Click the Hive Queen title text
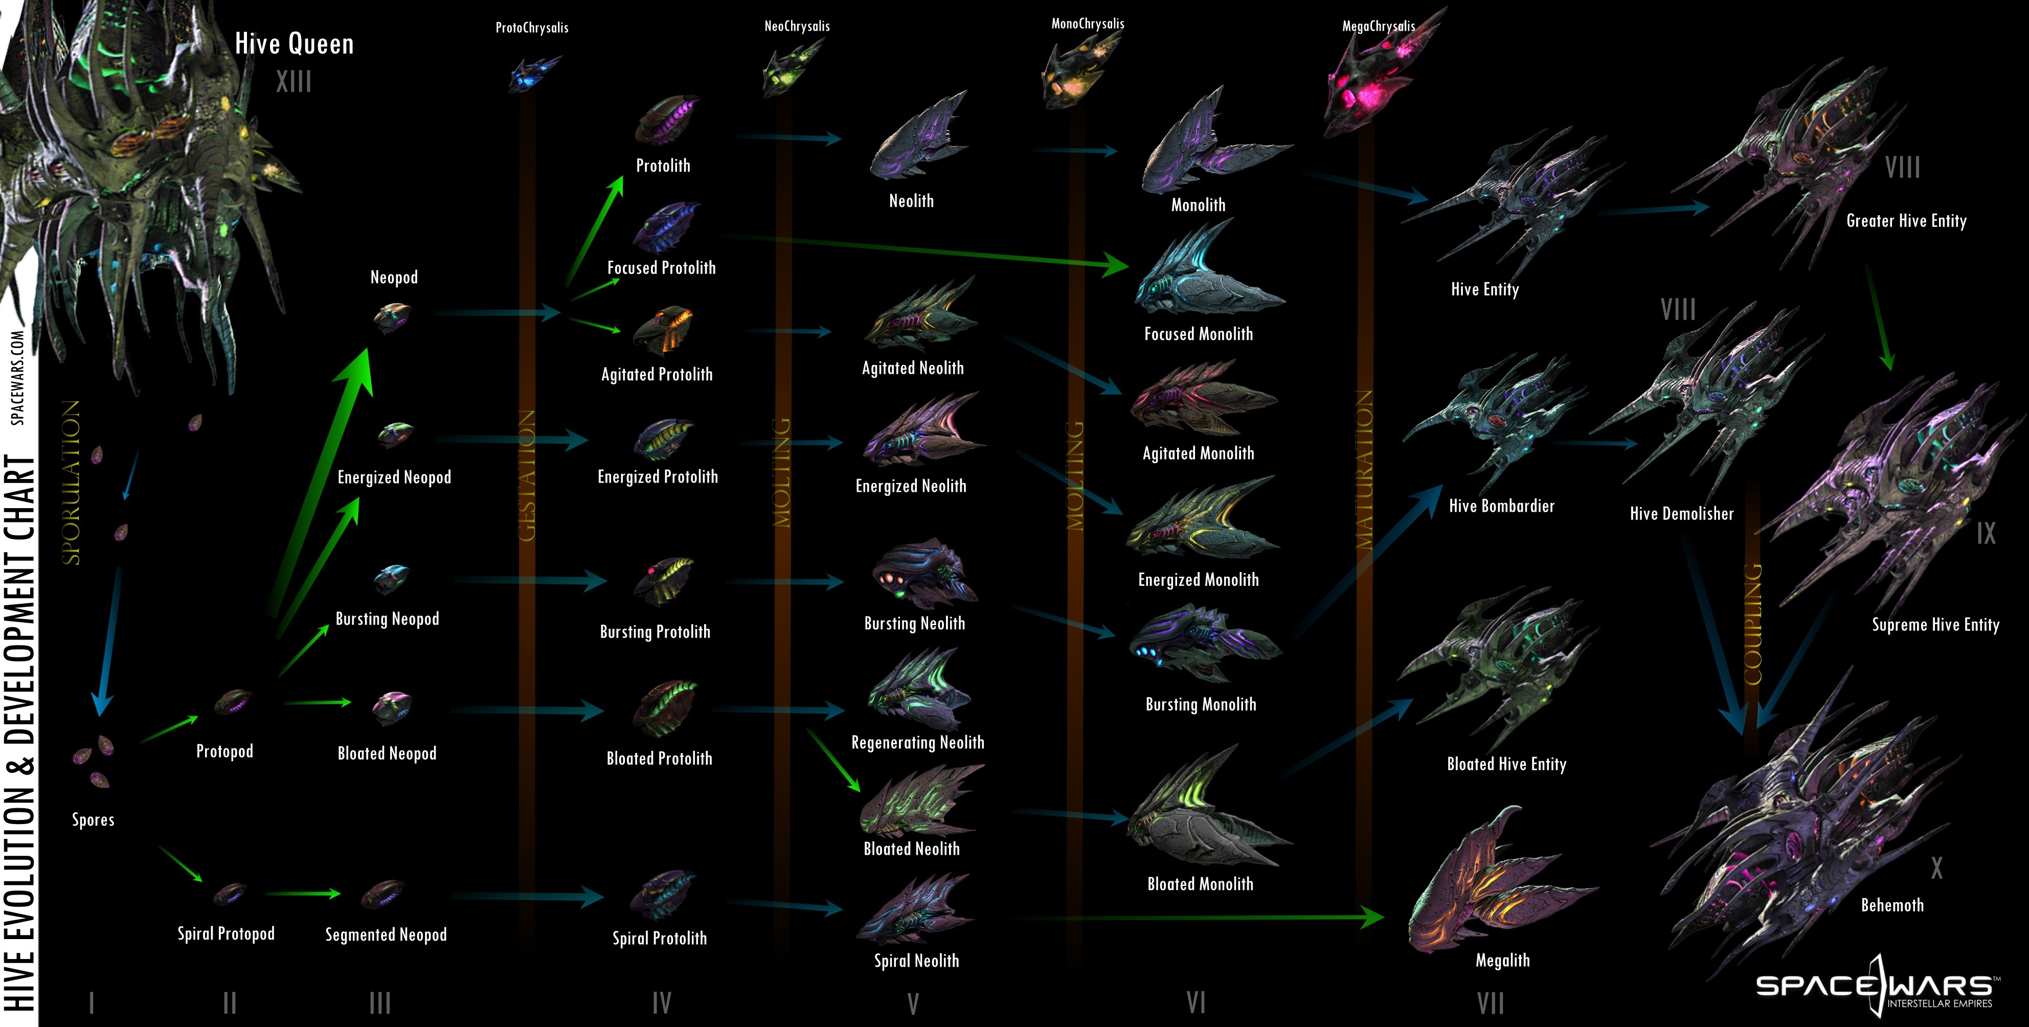294,44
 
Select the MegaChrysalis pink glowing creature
1370,83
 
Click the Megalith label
1502,960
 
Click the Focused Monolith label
1198,334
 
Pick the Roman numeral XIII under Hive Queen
294,81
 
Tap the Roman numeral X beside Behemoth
1936,869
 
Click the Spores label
93,820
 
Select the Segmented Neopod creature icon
383,895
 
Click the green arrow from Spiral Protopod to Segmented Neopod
303,894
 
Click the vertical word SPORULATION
71,482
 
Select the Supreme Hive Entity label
1935,625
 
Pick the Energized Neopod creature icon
395,434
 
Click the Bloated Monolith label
1200,884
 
